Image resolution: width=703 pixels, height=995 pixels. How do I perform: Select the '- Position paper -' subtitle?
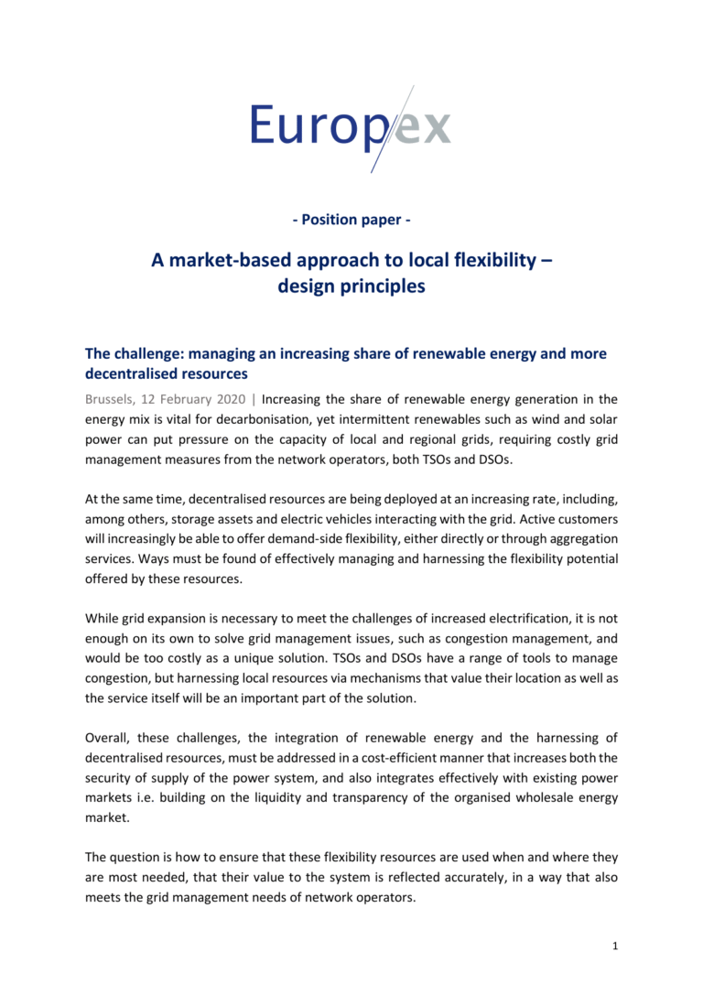coord(351,221)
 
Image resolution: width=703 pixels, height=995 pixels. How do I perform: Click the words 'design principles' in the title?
coord(351,286)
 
